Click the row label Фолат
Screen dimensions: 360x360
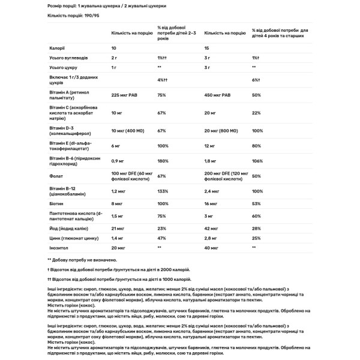click(x=55, y=176)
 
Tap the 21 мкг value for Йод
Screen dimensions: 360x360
click(x=118, y=229)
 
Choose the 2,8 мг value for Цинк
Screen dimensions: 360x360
click(x=212, y=238)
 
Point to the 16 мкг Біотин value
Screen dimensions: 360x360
click(x=212, y=204)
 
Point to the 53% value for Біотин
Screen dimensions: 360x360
click(x=256, y=204)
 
